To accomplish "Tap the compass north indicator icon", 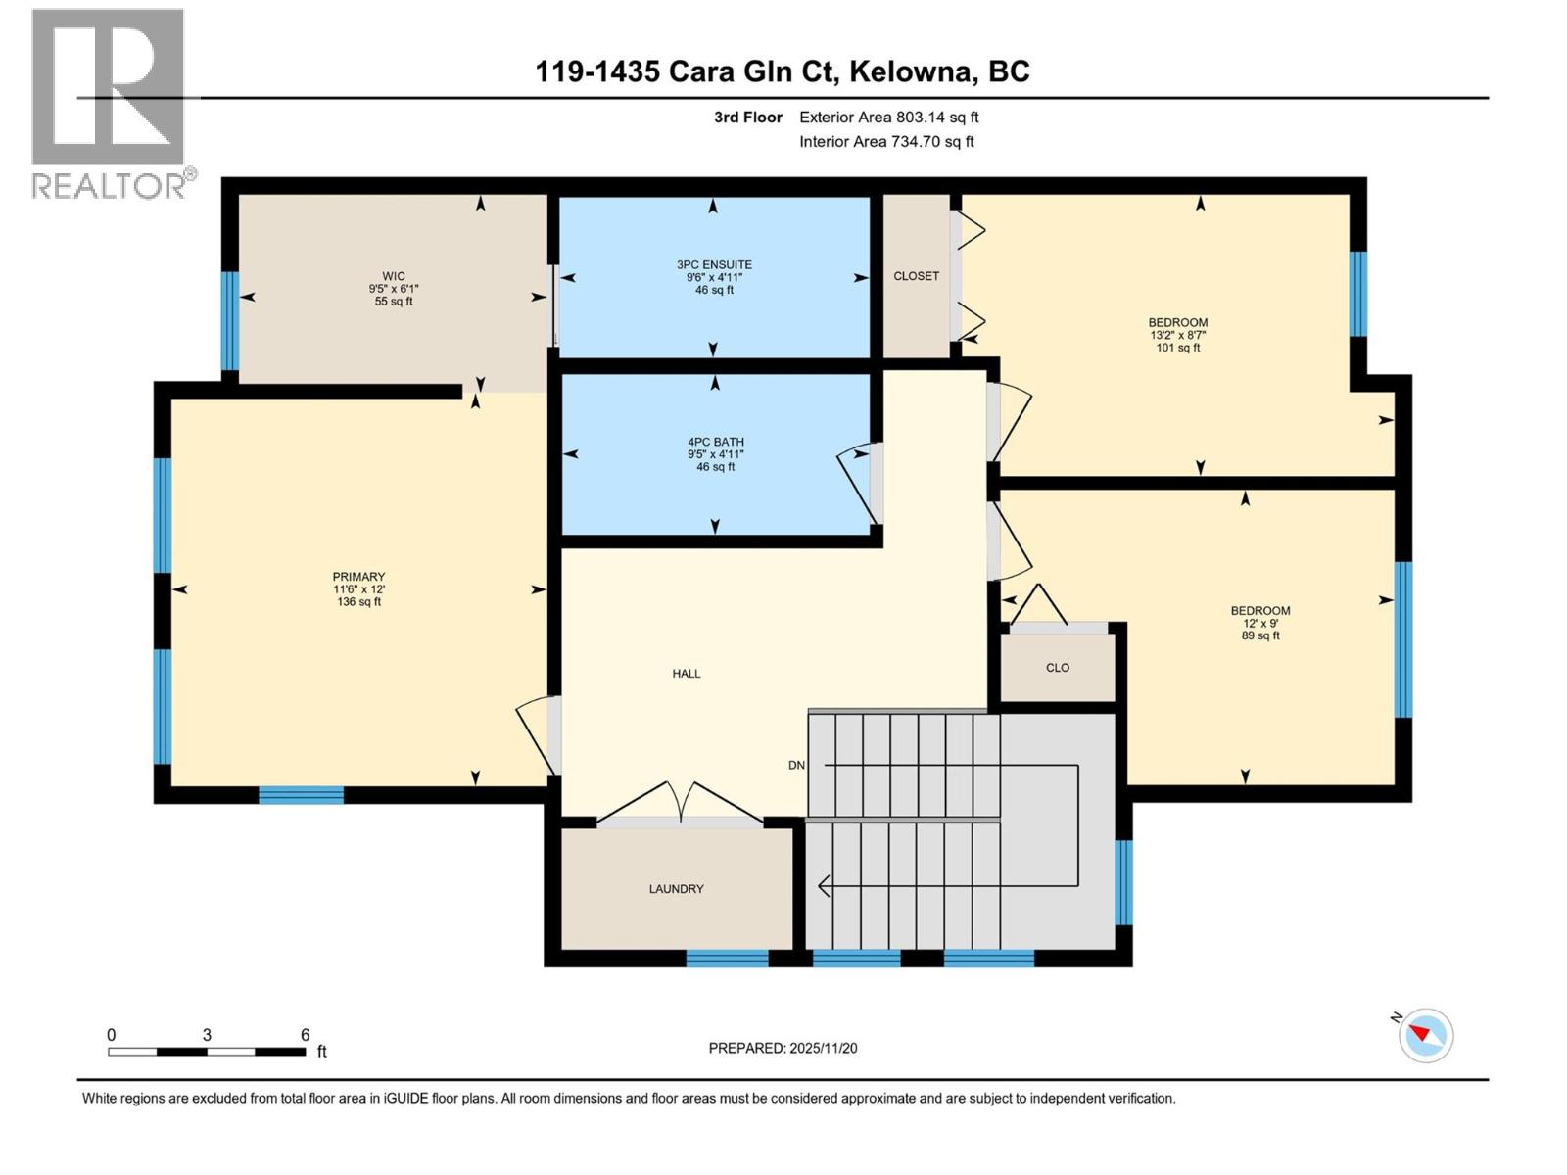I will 1425,1035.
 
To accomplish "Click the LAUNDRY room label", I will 676,889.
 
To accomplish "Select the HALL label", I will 686,674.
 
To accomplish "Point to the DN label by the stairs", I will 796,765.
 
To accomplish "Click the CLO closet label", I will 1058,668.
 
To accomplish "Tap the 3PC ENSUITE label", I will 714,264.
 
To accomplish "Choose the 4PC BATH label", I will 715,442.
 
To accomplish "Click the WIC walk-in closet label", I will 394,276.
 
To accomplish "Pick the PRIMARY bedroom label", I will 358,577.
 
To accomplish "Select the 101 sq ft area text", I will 1177,348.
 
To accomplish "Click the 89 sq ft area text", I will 1260,635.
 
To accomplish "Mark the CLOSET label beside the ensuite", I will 916,276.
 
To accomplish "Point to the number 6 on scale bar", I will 305,1035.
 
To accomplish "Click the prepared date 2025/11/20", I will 822,1048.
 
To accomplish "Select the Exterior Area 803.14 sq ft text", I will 888,117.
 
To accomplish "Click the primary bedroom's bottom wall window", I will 301,795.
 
